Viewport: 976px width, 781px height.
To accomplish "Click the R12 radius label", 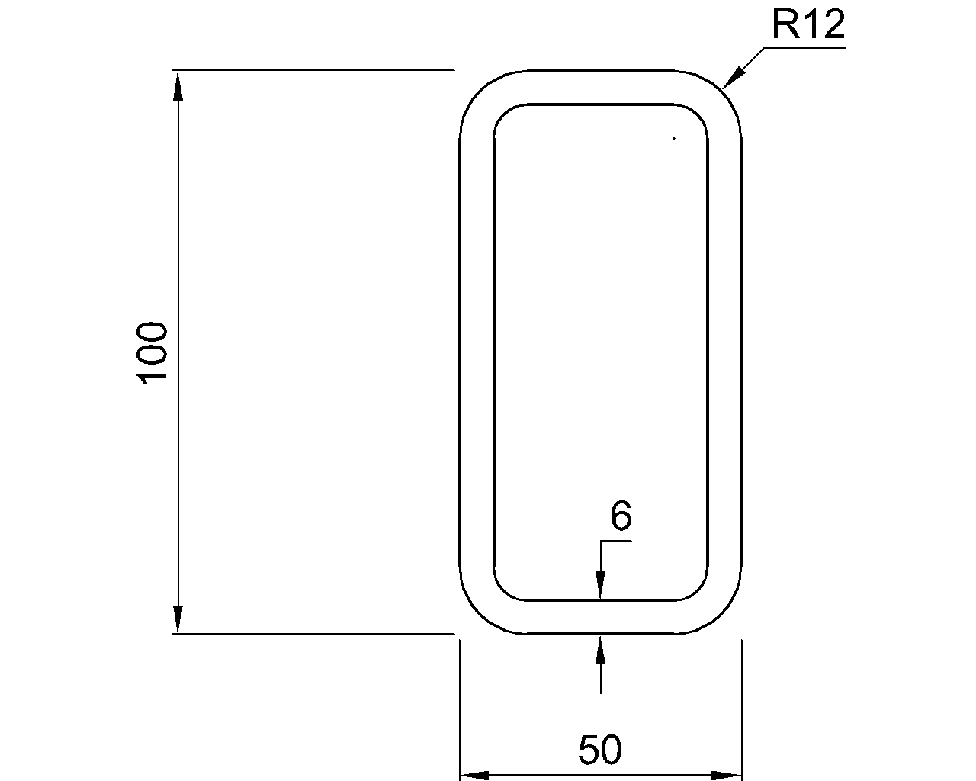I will [808, 25].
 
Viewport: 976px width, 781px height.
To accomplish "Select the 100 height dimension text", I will [153, 352].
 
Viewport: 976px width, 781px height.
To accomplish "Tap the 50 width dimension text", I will [600, 750].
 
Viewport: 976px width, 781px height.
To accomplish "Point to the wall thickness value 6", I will [621, 517].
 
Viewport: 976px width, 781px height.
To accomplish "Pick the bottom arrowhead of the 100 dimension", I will [178, 619].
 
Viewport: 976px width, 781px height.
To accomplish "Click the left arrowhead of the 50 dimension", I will [474, 776].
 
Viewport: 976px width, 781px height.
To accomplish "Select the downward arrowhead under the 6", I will [601, 586].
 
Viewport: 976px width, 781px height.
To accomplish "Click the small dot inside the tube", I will [674, 138].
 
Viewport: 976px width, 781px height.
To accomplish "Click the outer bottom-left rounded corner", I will [478, 615].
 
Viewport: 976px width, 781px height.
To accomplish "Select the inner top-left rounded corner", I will [503, 114].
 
